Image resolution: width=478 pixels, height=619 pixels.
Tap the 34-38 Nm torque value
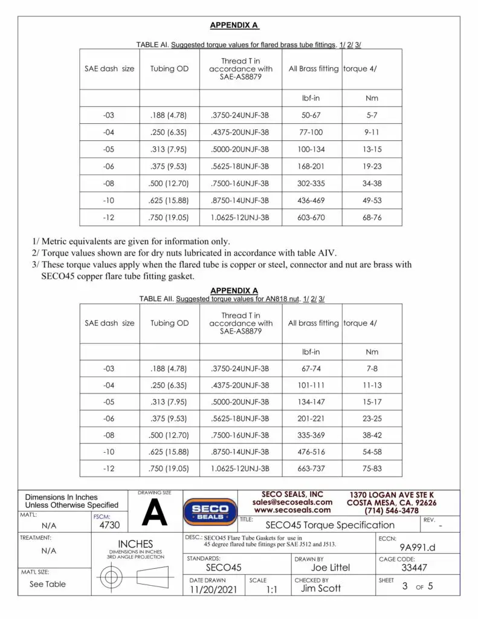372,183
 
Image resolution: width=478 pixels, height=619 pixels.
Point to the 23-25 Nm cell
372,418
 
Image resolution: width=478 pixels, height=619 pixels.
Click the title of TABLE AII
232,299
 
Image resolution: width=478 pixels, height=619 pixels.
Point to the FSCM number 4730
109,526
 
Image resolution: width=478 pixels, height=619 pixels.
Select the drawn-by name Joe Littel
330,568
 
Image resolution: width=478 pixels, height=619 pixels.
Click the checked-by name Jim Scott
321,588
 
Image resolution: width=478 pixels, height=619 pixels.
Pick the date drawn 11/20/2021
210,589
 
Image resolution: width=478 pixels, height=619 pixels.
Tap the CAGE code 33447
414,568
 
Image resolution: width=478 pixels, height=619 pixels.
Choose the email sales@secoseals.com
292,502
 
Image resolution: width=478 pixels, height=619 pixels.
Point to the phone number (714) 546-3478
391,511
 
